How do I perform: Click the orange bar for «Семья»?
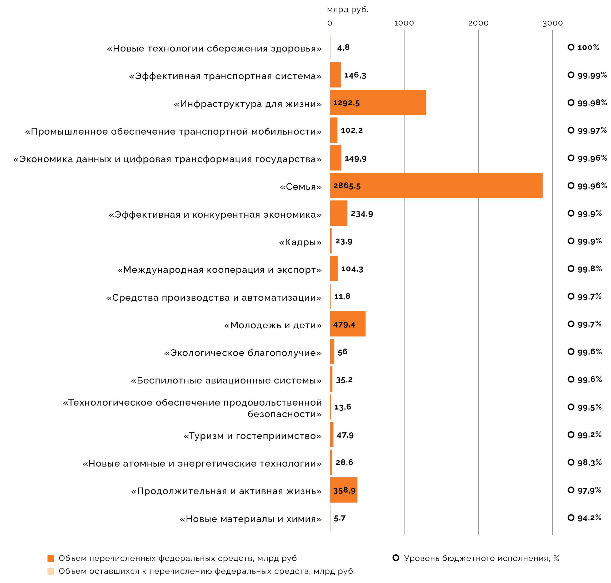(435, 186)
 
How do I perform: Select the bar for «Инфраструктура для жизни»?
(378, 103)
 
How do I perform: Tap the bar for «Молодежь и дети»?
(348, 324)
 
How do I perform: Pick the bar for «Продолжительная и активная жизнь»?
(343, 490)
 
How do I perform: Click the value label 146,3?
(355, 75)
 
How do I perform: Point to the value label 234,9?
(362, 214)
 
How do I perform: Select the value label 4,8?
(343, 48)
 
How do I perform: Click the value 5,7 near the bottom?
(339, 518)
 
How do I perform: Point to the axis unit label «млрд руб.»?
(348, 10)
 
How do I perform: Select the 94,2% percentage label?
(589, 518)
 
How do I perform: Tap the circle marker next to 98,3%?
(571, 462)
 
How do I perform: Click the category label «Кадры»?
(300, 242)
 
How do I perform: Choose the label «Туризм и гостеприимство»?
(252, 436)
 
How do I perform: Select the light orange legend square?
(51, 571)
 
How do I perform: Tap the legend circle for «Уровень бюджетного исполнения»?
(396, 558)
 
